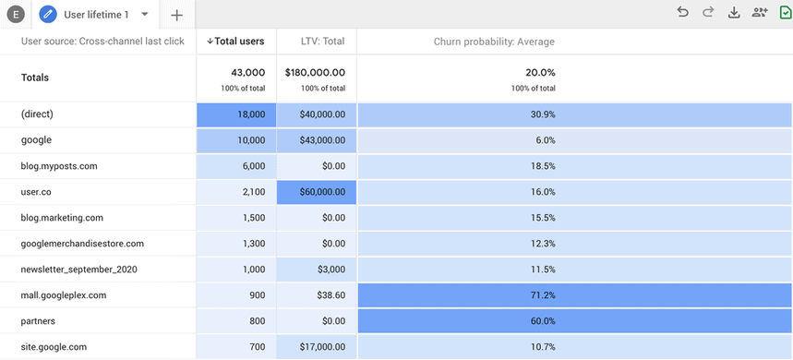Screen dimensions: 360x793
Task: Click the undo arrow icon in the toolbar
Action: (x=682, y=12)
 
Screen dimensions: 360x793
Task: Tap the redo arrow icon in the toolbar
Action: (x=708, y=12)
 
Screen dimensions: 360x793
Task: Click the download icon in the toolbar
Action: (x=734, y=12)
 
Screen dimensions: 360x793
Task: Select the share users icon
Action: (x=760, y=12)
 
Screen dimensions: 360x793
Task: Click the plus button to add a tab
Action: (x=176, y=15)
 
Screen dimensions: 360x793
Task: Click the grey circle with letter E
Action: (x=16, y=15)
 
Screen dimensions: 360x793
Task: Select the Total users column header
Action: (x=235, y=42)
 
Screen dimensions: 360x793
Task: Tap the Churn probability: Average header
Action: (x=494, y=42)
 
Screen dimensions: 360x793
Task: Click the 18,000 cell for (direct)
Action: (x=235, y=114)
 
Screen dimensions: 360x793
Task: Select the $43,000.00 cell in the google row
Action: (x=317, y=140)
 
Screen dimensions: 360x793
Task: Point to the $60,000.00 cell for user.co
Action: (x=317, y=192)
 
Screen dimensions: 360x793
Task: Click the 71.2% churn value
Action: (x=545, y=295)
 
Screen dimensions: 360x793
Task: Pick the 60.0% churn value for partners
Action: (x=545, y=321)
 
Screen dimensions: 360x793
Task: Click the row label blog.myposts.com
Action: (x=59, y=166)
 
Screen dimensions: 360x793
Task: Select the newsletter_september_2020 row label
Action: (x=78, y=270)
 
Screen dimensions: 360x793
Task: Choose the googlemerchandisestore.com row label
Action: (x=82, y=244)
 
